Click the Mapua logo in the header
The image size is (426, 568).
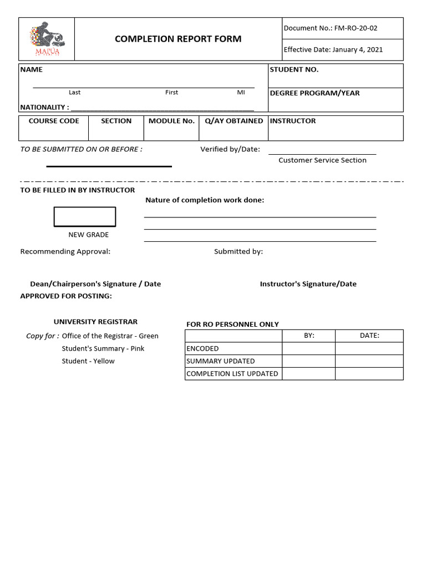pos(47,38)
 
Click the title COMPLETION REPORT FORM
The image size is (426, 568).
pos(178,39)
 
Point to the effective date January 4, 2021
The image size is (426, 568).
pos(357,49)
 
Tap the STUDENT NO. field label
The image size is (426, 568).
pos(294,70)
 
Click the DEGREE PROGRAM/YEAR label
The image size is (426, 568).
pos(315,93)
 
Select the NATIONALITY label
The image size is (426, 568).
pos(44,107)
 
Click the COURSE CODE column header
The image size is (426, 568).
pos(54,121)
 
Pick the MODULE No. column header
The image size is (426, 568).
pos(171,121)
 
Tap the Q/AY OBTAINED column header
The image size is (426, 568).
pos(234,121)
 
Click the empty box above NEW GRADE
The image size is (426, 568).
pos(85,217)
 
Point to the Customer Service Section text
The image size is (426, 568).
pos(322,160)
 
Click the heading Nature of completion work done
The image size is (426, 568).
pos(205,200)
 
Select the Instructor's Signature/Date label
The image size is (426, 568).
pos(308,284)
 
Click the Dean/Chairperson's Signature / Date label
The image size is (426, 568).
pos(95,284)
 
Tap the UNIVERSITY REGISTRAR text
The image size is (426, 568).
pos(95,322)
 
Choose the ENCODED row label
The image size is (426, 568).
pos(202,349)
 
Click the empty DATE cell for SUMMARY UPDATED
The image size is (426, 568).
pos(369,361)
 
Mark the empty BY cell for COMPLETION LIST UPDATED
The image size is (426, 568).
pos(308,374)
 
